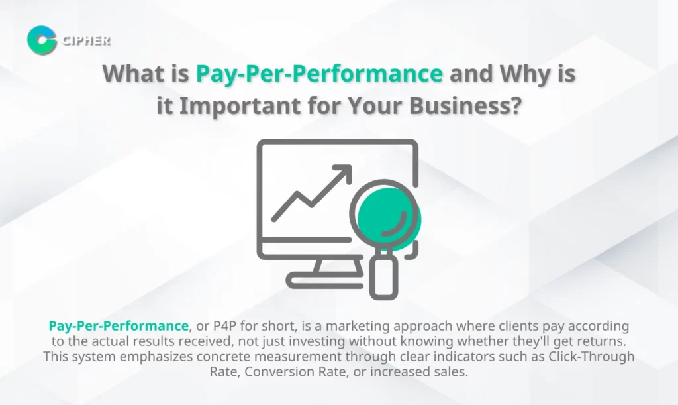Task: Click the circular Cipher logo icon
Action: click(42, 40)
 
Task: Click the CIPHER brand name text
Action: click(85, 40)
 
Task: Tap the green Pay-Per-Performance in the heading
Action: click(319, 74)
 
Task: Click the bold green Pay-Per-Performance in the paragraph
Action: click(119, 326)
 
